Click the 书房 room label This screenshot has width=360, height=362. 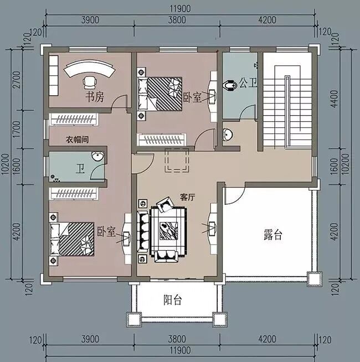95,97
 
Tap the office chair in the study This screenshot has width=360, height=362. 89,82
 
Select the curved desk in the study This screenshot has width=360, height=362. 89,67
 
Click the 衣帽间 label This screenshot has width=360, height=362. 77,139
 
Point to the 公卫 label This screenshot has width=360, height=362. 248,83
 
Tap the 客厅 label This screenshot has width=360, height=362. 187,198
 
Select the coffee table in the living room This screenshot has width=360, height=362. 168,231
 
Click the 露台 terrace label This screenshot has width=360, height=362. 273,235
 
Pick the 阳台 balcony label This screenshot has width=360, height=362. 173,300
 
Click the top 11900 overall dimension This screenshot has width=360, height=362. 180,9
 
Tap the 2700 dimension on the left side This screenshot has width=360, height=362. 17,80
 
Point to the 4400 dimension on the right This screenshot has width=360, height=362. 334,99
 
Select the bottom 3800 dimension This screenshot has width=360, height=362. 177,339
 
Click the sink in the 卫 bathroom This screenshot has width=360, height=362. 97,156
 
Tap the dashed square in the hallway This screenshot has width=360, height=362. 177,160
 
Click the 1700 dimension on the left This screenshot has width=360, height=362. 17,130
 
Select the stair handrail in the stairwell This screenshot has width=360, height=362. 287,112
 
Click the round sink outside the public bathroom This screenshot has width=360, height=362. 228,134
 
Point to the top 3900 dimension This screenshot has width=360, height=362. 90,20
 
